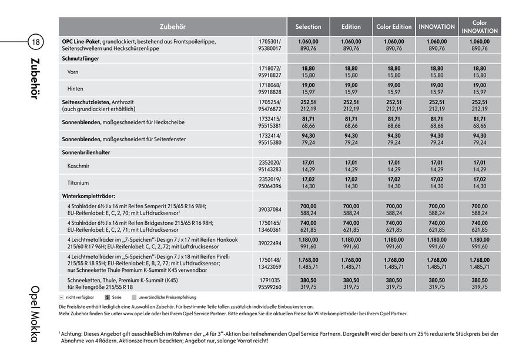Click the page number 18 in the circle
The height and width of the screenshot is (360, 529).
[35, 42]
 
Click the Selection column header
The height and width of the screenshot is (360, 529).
[308, 26]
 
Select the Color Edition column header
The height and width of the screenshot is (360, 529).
[394, 26]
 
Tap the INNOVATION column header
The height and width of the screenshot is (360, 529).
[437, 26]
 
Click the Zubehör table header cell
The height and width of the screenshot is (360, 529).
[172, 26]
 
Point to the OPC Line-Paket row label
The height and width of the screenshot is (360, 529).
[82, 42]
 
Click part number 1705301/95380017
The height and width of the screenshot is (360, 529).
[270, 45]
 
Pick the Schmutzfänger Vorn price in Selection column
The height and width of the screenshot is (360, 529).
[308, 72]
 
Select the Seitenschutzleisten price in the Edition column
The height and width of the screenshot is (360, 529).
[351, 105]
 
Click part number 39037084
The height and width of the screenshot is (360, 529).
[270, 209]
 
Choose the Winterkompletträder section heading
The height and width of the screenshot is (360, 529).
[89, 195]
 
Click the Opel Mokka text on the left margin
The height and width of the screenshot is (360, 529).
[35, 318]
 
